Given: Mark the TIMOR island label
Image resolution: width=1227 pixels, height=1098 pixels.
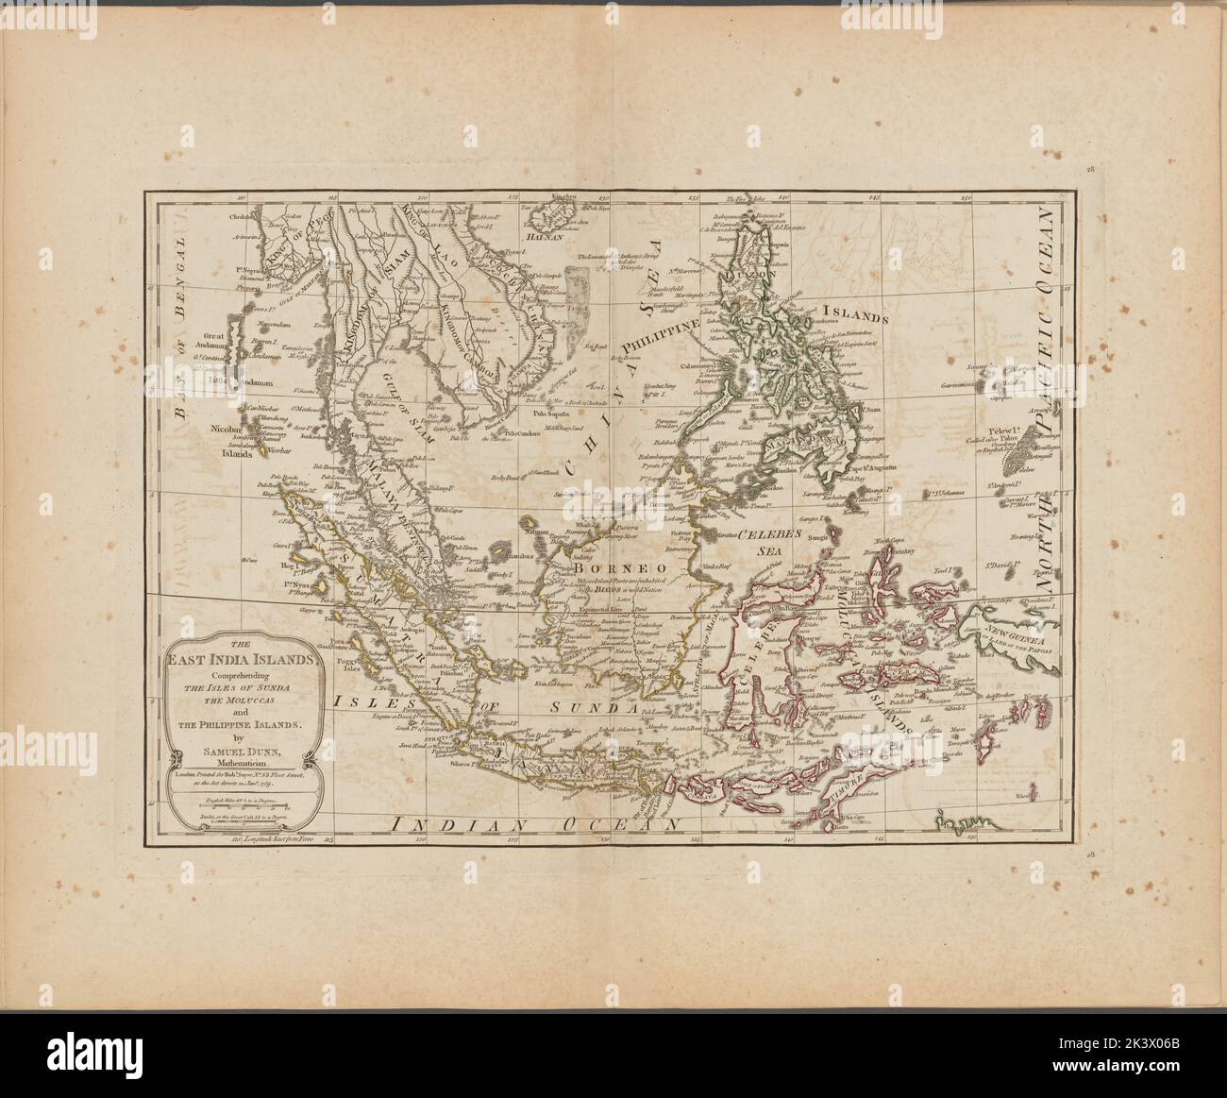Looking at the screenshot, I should (847, 785).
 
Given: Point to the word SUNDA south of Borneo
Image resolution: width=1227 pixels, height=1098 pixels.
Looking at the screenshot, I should (591, 707).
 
